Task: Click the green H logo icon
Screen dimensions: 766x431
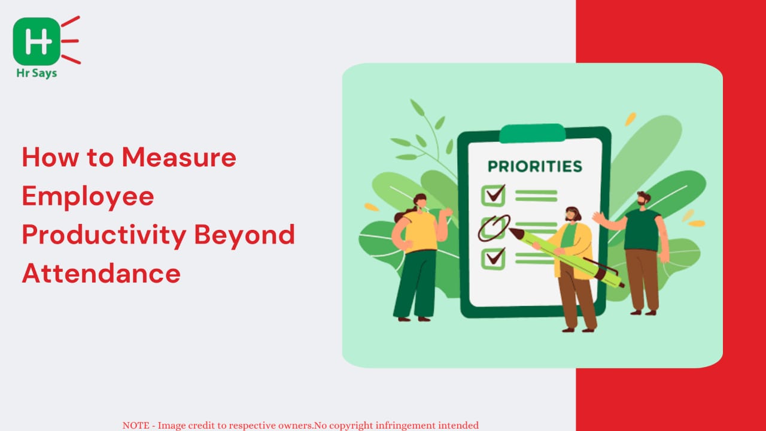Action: (37, 41)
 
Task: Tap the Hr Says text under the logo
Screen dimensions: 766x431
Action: (37, 73)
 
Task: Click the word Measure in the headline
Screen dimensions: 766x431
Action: (179, 157)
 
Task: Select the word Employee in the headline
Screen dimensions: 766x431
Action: (88, 198)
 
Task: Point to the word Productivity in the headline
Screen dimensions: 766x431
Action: (104, 236)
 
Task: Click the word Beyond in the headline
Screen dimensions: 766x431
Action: (245, 236)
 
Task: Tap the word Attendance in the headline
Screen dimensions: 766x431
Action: (101, 274)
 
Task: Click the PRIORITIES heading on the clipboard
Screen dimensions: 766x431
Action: (535, 166)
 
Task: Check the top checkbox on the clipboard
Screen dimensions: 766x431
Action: (493, 195)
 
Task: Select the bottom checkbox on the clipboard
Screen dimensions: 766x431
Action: (493, 259)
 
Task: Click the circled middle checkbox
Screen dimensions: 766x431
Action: (494, 228)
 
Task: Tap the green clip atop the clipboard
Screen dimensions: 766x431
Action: (533, 133)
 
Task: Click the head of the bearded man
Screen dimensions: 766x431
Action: (643, 198)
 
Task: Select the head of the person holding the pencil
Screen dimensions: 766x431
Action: (573, 214)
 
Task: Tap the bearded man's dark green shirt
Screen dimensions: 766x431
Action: (642, 230)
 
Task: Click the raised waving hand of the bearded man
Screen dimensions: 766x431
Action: (598, 217)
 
